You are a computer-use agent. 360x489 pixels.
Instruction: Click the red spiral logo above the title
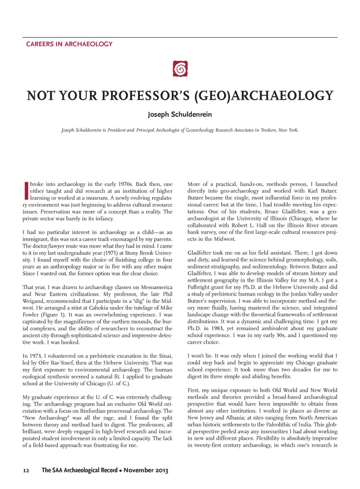tap(180, 69)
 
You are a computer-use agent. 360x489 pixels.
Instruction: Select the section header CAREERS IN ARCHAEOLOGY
tap(69, 44)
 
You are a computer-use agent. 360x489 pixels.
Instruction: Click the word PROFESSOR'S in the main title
tap(146, 96)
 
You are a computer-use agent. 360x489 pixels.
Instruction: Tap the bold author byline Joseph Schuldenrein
tap(180, 114)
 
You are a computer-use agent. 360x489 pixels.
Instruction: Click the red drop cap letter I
tap(26, 190)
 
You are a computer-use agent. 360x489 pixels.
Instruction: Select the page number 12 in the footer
tap(26, 470)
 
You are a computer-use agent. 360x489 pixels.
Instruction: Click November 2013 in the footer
tap(146, 470)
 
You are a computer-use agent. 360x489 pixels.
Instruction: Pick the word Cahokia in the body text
tap(98, 308)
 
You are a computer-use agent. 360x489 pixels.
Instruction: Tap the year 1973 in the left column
tap(36, 356)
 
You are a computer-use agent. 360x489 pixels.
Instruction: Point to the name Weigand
tap(34, 301)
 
